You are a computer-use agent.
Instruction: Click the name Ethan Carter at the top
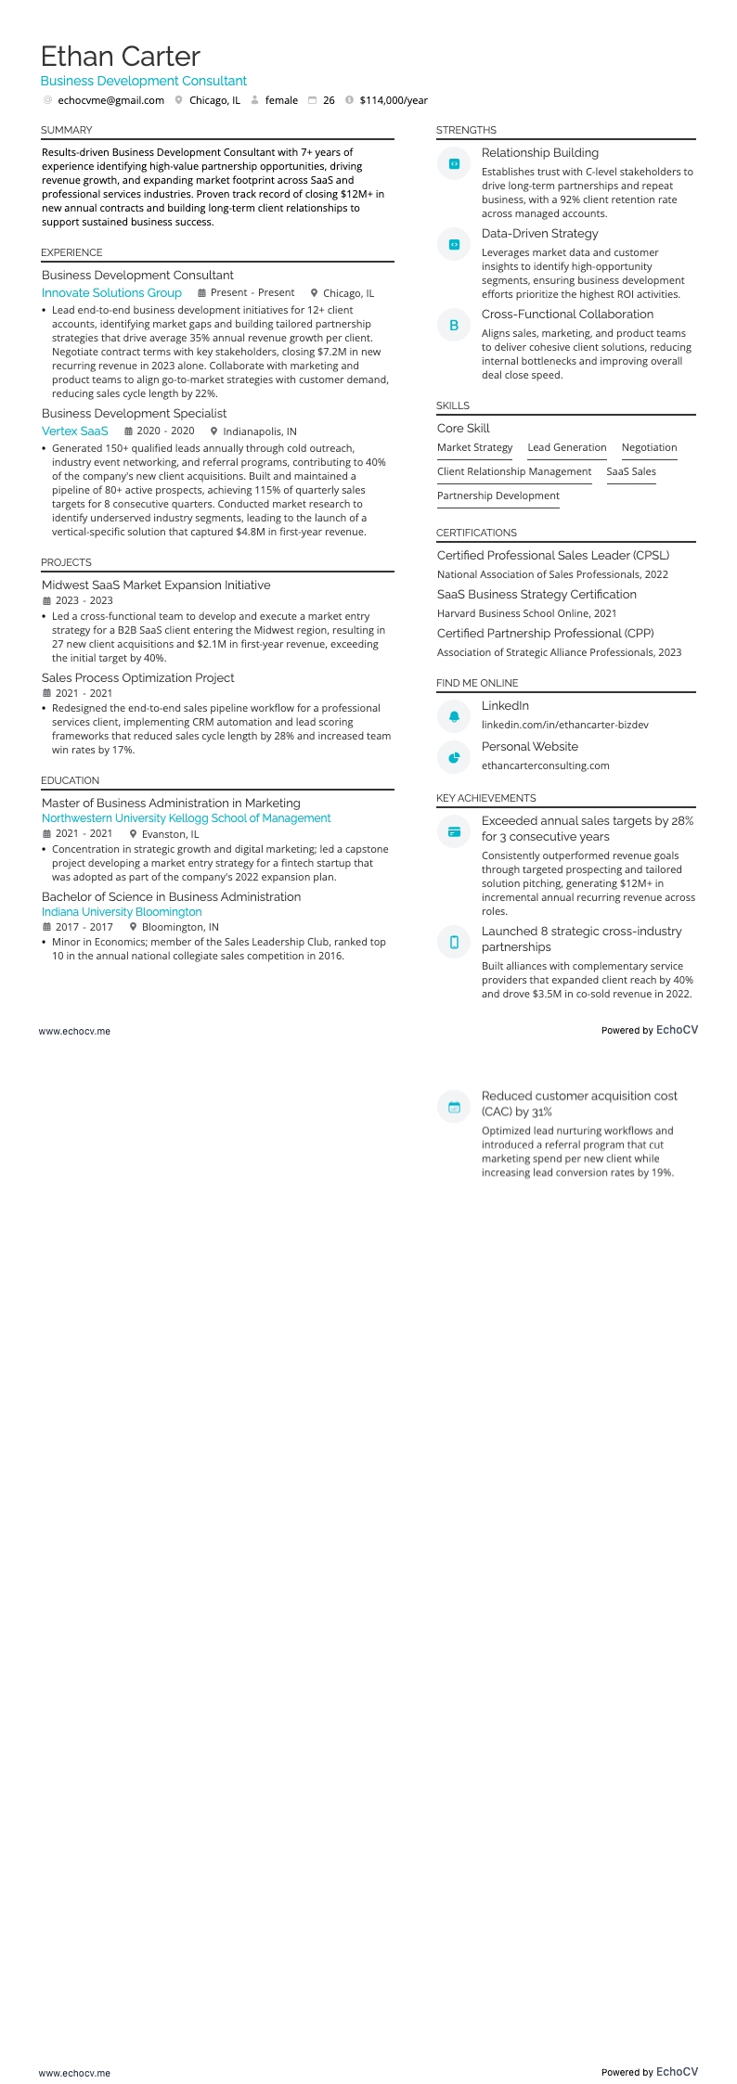click(121, 57)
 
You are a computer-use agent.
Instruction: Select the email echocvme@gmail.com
click(110, 100)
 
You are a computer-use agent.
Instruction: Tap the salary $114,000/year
click(394, 100)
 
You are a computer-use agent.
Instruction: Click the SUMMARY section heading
click(67, 130)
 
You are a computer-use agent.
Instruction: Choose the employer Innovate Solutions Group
click(111, 293)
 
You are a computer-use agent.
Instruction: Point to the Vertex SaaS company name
click(75, 431)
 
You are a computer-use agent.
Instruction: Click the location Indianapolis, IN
click(260, 431)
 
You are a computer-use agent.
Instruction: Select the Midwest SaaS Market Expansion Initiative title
click(156, 585)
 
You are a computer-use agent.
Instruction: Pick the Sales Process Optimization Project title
click(138, 678)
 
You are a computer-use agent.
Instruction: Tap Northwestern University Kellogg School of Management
click(186, 818)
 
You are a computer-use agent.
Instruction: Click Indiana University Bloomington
click(122, 912)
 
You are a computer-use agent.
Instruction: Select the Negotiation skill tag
click(649, 447)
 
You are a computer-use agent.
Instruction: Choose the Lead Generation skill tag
click(567, 447)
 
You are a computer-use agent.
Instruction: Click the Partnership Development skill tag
click(498, 495)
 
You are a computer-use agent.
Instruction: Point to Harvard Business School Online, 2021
click(526, 613)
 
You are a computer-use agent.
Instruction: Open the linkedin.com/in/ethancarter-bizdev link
click(564, 725)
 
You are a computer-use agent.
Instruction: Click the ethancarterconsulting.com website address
click(545, 765)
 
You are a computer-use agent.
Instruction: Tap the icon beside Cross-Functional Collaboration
click(454, 326)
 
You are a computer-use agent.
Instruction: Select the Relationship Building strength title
click(539, 153)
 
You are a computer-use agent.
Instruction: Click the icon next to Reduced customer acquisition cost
click(454, 1107)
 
